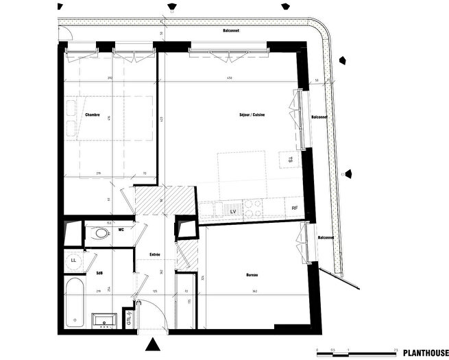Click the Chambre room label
pos(93,115)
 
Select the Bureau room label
pos(252,275)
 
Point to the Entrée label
pos(155,255)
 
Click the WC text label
pos(121,230)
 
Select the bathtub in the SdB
pos(73,302)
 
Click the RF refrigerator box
pos(294,208)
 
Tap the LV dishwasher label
pos(233,213)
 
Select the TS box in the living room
pos(291,160)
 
